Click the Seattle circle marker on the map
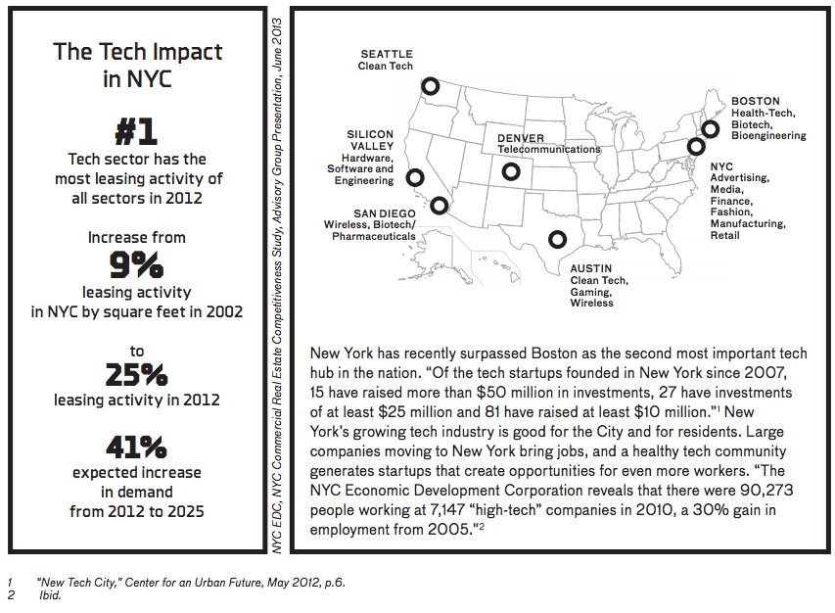431,86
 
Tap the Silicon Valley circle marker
415,177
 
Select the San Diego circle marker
439,205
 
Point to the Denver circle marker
510,172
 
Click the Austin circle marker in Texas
557,238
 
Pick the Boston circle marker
711,128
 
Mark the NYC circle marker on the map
696,147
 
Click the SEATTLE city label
386,55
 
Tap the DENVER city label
520,139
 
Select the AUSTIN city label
591,268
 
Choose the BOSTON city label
756,101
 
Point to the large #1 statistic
136,133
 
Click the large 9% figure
136,265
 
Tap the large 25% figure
136,375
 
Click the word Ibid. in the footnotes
50,595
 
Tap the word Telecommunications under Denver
548,150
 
